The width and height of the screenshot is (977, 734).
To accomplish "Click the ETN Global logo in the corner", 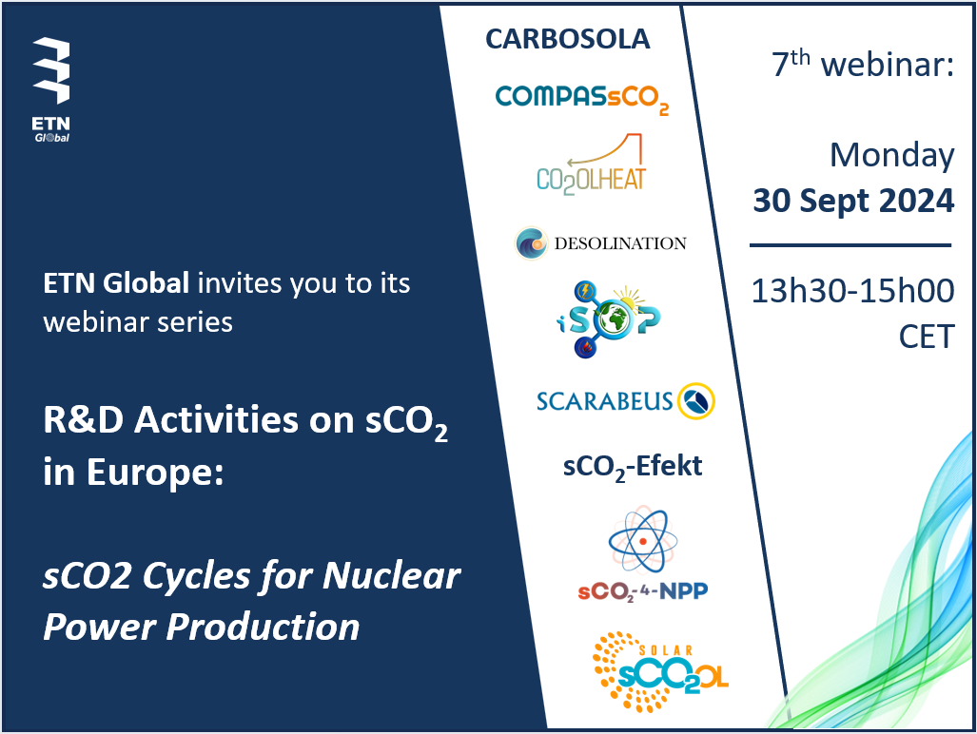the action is point(51,90).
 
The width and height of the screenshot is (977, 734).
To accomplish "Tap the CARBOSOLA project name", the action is point(568,39).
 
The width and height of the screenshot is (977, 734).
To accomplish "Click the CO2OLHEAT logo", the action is point(591,164).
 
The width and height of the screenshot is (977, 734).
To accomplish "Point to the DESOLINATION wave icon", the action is point(531,242).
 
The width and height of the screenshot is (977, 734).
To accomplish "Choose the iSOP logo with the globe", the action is point(608,319).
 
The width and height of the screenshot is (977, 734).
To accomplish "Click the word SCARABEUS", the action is point(604,401).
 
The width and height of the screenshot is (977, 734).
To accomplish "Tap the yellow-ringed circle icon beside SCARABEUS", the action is point(696,401).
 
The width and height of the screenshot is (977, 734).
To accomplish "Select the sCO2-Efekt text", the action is point(633,467).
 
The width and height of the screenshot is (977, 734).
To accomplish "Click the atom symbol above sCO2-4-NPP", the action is point(642,540).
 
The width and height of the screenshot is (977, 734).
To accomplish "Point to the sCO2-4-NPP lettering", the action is point(642,591).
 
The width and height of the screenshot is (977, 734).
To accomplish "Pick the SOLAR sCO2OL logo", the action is point(660,672).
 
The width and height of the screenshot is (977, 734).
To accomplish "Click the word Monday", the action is point(891,156).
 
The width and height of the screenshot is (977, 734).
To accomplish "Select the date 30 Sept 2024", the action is point(853,201).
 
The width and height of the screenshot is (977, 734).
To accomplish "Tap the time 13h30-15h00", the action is point(852,291).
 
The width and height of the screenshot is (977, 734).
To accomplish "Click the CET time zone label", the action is point(927,337).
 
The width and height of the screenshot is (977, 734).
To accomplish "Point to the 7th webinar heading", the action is point(862,64).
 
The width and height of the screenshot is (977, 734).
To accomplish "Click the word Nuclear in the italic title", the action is point(392,575).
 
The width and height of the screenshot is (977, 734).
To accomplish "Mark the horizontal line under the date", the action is point(850,245).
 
